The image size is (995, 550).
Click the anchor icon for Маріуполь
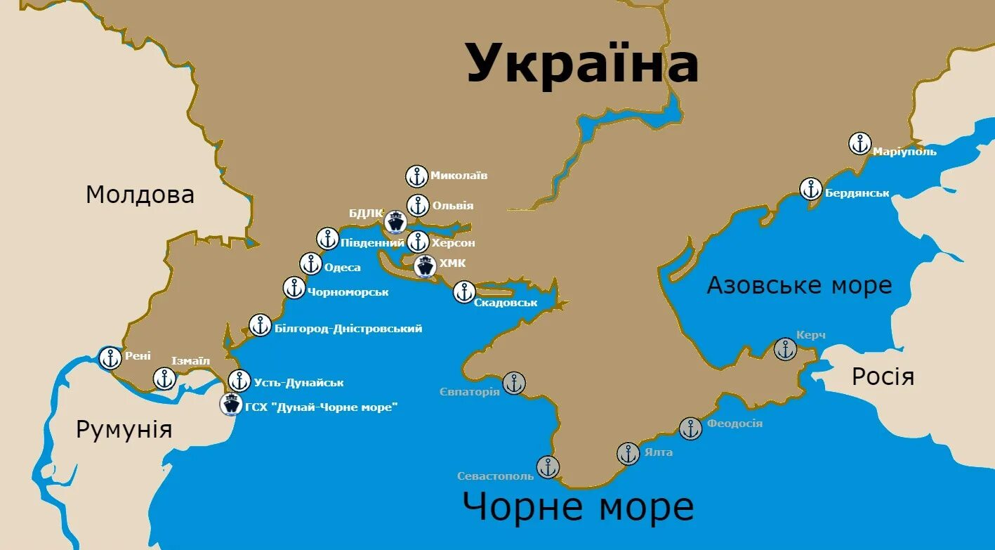coord(859,143)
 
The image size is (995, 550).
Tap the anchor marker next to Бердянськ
coord(811,189)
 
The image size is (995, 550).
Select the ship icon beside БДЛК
coord(396,222)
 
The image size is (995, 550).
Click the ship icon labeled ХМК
coord(425,266)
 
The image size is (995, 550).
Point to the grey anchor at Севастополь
coord(548,466)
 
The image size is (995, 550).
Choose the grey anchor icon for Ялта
coord(628,454)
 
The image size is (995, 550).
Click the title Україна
coord(582,63)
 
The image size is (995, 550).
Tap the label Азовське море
coord(799,285)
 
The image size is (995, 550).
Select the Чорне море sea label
coord(578,506)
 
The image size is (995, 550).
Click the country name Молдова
coord(140,195)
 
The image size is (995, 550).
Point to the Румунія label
coord(124,429)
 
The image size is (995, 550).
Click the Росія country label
coord(883,377)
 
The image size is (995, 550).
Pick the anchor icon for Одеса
coord(311,264)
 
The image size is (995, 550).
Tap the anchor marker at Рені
coord(110,358)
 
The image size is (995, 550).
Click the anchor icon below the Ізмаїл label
coord(165,379)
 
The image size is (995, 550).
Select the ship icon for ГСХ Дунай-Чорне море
coord(230,404)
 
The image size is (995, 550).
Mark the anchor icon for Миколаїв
coord(417,176)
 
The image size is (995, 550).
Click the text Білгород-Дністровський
coord(348,328)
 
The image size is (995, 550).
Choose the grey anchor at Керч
coord(785,348)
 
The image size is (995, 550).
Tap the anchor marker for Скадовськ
coord(464,292)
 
